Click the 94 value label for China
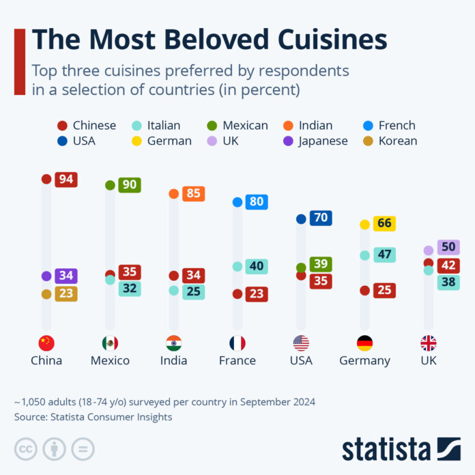[66, 179]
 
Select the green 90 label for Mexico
[129, 185]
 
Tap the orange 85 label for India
[193, 194]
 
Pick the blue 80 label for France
[257, 202]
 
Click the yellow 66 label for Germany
[384, 224]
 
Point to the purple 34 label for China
[66, 276]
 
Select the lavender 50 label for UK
[449, 247]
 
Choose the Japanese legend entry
[315, 141]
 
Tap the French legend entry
[391, 126]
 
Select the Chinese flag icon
[46, 343]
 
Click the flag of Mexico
[110, 343]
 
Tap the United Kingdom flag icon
[428, 343]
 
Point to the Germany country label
[364, 360]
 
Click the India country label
[173, 360]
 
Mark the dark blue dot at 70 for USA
[301, 219]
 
